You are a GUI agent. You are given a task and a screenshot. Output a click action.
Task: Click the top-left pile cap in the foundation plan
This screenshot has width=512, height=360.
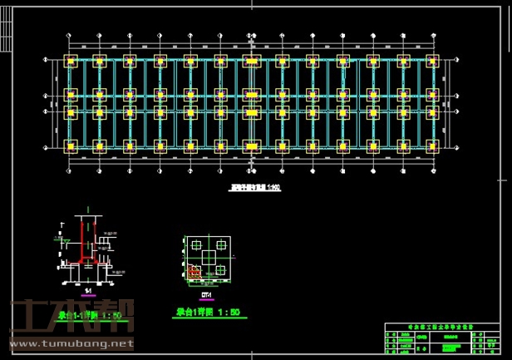[70, 62]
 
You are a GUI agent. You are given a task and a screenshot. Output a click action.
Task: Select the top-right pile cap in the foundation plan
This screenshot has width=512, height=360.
[432, 62]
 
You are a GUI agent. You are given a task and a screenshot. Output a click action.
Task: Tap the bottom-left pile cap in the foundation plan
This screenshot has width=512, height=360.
[70, 146]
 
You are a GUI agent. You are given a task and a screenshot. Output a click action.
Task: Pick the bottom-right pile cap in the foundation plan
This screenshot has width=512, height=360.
[432, 146]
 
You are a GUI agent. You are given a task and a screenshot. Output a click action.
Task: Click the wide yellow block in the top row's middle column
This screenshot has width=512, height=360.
[251, 62]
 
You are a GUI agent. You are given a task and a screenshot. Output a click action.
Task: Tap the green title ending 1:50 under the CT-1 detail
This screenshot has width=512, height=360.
[208, 313]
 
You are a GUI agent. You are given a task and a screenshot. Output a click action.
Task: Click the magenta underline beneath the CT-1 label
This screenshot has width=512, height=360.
[207, 299]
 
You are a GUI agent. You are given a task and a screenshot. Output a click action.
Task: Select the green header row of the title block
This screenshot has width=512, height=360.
[445, 328]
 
